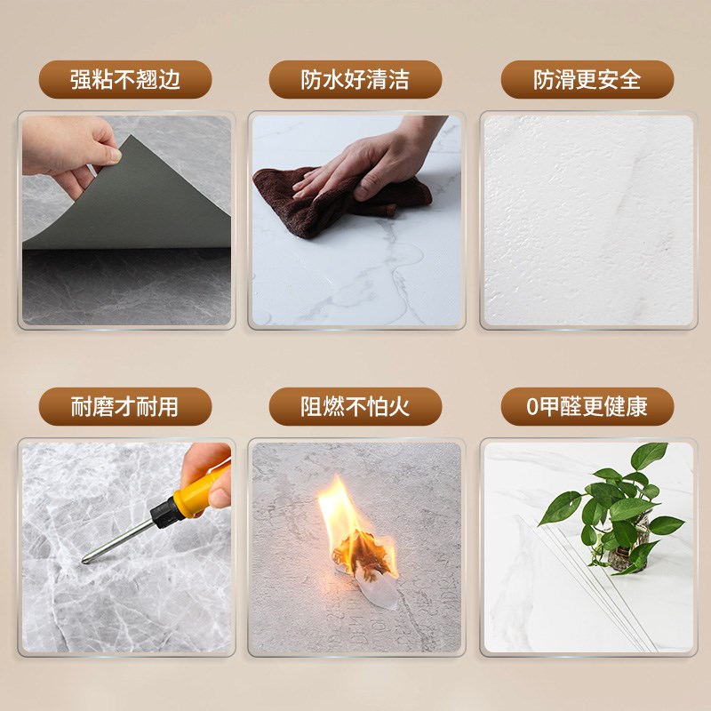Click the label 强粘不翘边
pyautogui.click(x=125, y=80)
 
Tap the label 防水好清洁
pyautogui.click(x=355, y=80)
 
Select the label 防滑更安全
pyautogui.click(x=587, y=80)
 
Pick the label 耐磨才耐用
pyautogui.click(x=125, y=407)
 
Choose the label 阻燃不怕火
pyautogui.click(x=355, y=407)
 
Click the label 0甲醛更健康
pyautogui.click(x=587, y=407)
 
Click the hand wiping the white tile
pyautogui.click(x=373, y=164)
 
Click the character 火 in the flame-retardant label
pyautogui.click(x=400, y=407)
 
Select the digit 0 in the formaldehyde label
pyautogui.click(x=533, y=408)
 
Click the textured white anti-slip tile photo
pyautogui.click(x=587, y=222)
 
